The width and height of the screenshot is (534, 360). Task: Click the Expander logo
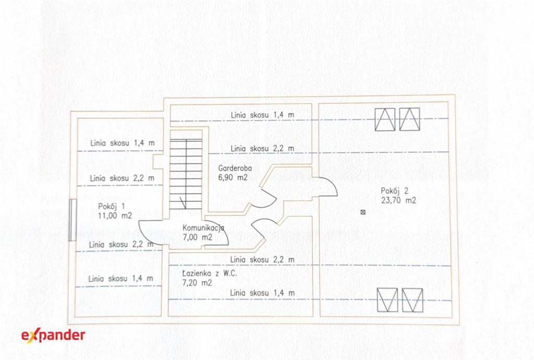point(53,335)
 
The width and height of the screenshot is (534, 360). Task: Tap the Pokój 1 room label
point(112,206)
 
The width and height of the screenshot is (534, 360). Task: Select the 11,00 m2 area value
point(115,215)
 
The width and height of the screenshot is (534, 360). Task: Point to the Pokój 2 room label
point(394,191)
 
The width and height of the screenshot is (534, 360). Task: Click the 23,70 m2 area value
point(398,200)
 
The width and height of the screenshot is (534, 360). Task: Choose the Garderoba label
point(235,168)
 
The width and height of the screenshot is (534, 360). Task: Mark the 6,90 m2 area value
point(233,177)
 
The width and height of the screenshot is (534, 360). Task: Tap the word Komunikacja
point(203,228)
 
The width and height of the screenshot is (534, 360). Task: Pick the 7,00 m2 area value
point(198,237)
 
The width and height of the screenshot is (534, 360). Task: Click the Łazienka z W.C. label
point(210,273)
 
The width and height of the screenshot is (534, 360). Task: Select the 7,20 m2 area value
point(197,283)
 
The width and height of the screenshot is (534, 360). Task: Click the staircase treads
point(186,174)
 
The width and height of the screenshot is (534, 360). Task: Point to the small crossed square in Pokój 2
point(363,212)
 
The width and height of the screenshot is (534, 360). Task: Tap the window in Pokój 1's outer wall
point(73,220)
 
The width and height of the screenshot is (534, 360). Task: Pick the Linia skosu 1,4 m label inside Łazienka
point(262,293)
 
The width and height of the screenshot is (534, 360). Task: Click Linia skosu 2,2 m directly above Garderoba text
point(262,149)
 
